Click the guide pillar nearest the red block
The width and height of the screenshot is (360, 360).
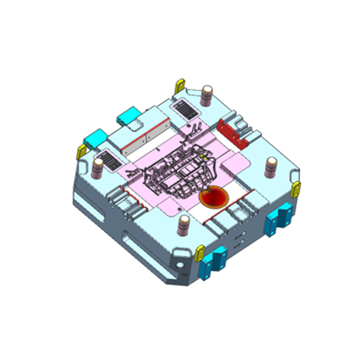207,95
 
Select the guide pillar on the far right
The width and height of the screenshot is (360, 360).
272,167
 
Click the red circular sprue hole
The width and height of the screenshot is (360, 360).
214,197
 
